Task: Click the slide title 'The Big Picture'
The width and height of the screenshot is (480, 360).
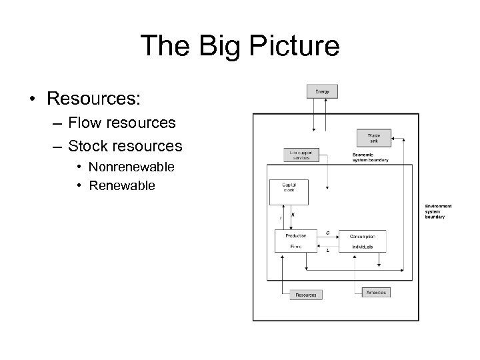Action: [240, 46]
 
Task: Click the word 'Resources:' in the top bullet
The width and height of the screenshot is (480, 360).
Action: [93, 98]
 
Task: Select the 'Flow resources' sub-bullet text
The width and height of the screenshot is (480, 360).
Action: [122, 123]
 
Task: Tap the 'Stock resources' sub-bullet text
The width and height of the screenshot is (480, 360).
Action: [125, 145]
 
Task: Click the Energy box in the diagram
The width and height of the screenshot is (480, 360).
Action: [322, 91]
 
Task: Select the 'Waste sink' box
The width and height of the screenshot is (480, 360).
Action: [373, 138]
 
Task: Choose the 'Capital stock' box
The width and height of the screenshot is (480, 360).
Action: [288, 191]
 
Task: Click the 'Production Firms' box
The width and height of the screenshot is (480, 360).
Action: [296, 241]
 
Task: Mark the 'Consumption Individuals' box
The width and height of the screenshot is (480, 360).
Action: [362, 241]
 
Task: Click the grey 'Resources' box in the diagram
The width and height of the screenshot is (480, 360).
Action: [305, 294]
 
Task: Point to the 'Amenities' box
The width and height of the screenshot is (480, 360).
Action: [375, 292]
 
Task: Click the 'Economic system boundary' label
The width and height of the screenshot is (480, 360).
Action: [370, 157]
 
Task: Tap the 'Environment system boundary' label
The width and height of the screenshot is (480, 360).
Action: [438, 211]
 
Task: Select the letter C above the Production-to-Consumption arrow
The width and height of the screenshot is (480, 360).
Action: [327, 232]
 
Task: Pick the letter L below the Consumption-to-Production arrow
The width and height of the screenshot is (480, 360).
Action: [327, 251]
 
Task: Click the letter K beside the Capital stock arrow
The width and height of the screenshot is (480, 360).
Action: [293, 215]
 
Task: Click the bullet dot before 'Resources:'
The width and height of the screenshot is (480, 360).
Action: [32, 99]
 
